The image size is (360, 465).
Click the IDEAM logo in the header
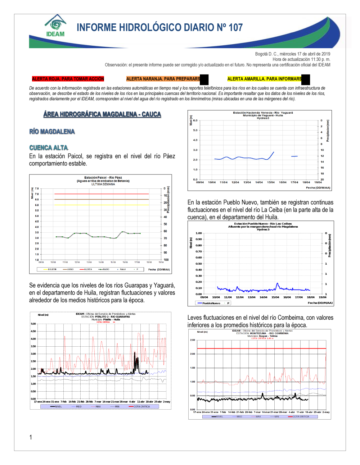click(55, 26)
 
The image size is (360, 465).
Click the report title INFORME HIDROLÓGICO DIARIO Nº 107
click(159, 28)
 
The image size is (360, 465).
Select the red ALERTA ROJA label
click(68, 79)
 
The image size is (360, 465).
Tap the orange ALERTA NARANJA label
click(163, 79)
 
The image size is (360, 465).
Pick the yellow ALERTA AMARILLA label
click(265, 79)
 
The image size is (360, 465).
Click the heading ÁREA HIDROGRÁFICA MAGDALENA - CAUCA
click(102, 114)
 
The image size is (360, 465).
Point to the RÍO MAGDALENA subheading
click(52, 132)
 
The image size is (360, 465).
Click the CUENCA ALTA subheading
click(49, 148)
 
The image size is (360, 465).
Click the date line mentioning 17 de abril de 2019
click(292, 54)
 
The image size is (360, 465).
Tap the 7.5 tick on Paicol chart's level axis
click(37, 188)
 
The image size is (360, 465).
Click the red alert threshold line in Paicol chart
click(102, 194)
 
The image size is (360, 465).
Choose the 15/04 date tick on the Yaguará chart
click(271, 182)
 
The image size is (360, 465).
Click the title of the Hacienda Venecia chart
click(263, 114)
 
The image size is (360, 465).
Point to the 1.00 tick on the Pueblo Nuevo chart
click(199, 233)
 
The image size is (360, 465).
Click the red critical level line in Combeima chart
click(261, 348)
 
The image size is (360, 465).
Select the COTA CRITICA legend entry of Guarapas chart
click(141, 407)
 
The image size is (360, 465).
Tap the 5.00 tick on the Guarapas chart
click(33, 324)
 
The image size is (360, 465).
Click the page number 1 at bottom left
click(31, 437)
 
